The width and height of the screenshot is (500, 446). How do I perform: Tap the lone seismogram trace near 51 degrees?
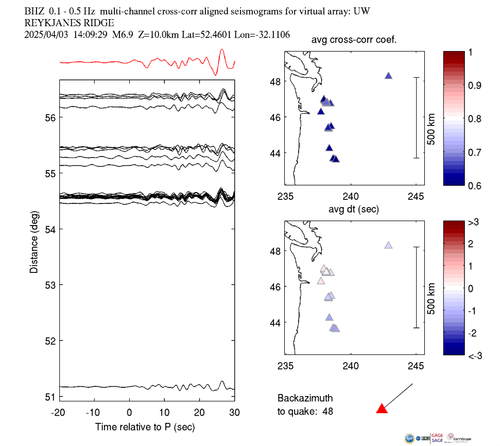[x=103, y=387]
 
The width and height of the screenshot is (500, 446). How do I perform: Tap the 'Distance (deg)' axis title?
[x=34, y=242]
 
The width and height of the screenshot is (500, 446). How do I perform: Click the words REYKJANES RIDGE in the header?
[x=70, y=23]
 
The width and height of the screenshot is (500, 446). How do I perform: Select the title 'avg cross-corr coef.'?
[x=354, y=41]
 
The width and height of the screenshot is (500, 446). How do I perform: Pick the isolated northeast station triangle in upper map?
[x=389, y=76]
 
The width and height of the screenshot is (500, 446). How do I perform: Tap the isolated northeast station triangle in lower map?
[x=389, y=245]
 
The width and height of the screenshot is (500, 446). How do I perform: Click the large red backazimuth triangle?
[x=382, y=409]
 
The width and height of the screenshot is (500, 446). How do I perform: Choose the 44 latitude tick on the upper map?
[x=275, y=153]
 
